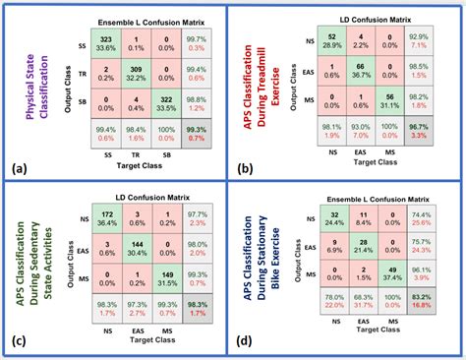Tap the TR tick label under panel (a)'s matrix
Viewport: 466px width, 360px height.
(x=138, y=156)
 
